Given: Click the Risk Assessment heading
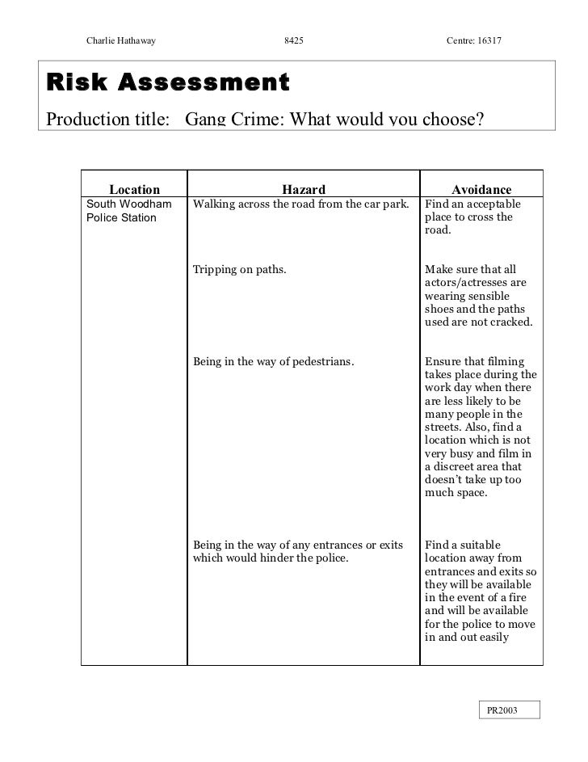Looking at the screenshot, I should click(167, 82).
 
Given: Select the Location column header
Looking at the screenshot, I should click(135, 189).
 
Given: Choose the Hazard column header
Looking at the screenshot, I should click(304, 189).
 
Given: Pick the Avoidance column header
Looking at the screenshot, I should click(481, 189).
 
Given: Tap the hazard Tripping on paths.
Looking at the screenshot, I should click(239, 270).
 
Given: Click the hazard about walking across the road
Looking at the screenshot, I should click(302, 204).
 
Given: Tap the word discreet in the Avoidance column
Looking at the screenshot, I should click(460, 466).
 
